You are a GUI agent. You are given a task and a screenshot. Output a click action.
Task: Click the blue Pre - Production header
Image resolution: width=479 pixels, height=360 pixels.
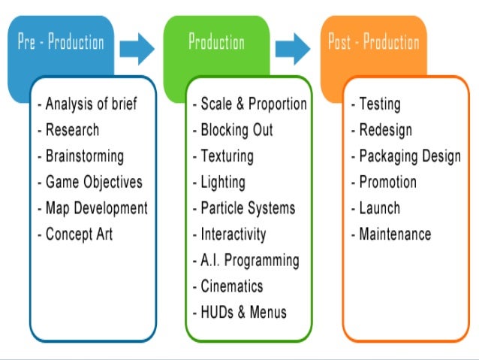click(x=61, y=42)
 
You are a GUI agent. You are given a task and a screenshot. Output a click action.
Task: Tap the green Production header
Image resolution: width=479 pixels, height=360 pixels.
click(x=215, y=42)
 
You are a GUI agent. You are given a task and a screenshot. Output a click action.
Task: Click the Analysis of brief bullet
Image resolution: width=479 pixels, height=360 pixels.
click(x=89, y=104)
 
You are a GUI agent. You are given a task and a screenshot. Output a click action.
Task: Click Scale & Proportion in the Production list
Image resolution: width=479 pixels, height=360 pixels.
click(x=250, y=104)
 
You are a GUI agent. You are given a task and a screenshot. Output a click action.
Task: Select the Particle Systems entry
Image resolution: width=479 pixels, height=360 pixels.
click(x=244, y=208)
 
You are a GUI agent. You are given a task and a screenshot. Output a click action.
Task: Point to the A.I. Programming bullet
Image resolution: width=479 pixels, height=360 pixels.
click(x=246, y=260)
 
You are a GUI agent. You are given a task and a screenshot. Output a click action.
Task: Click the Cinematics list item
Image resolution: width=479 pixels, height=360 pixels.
click(x=228, y=286)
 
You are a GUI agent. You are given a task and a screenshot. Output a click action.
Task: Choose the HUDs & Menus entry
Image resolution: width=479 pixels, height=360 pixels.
click(x=239, y=312)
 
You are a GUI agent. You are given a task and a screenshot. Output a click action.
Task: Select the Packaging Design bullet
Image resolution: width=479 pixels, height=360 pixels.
click(x=405, y=156)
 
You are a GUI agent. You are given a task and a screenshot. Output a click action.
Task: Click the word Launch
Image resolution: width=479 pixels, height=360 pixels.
click(x=379, y=208)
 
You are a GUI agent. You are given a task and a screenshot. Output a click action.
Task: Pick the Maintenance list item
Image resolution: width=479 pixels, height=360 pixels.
click(x=391, y=234)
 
